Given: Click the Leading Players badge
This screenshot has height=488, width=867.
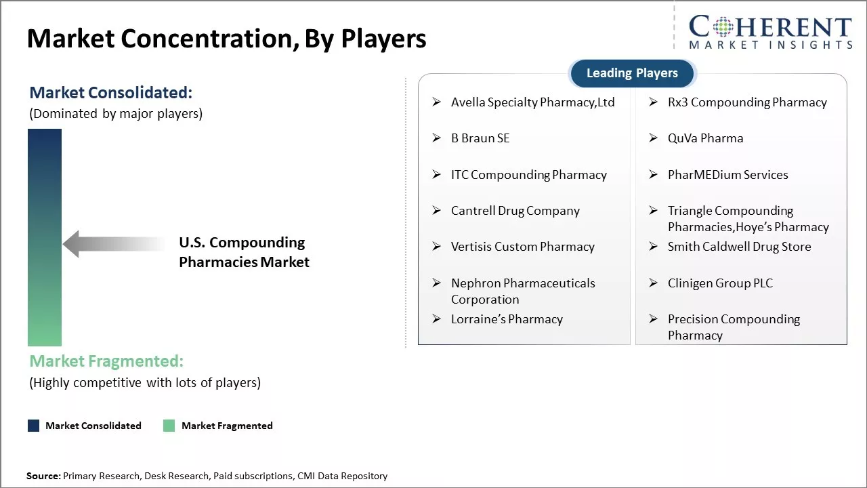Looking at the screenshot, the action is coord(633,73).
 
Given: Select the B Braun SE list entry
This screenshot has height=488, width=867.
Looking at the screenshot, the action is coord(480,138).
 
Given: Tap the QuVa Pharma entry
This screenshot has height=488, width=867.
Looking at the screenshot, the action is coord(705,138).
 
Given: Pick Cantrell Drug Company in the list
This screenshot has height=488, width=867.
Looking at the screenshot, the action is coord(515,211).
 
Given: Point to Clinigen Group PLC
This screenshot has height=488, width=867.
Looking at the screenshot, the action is coord(720,283).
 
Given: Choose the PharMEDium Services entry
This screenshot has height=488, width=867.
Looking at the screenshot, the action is coord(727,175).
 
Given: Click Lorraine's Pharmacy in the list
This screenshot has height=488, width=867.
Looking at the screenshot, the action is coord(507,319).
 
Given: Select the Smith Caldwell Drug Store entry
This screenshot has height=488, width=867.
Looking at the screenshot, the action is coord(739,247).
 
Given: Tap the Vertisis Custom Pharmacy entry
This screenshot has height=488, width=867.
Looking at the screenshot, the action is coord(522,247).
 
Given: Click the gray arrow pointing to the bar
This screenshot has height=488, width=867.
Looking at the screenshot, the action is coord(113,244).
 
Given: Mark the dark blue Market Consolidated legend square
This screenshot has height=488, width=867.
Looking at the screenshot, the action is coord(34,426).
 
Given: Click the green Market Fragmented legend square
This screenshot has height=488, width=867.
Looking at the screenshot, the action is coord(169,426).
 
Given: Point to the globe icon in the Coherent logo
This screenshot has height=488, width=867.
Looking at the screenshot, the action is coord(723,26).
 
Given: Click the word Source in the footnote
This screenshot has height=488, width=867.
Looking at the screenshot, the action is coord(43,476).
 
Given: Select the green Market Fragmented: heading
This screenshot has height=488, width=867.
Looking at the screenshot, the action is coord(106,361).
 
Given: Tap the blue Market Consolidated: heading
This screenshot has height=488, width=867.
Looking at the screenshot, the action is coord(110,93).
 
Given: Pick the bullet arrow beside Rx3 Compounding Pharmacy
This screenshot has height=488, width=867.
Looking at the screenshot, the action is coord(654,102).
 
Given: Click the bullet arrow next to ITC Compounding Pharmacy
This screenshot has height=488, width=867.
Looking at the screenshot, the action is coord(437,174).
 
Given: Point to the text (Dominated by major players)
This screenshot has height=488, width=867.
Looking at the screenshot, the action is coord(116,114).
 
